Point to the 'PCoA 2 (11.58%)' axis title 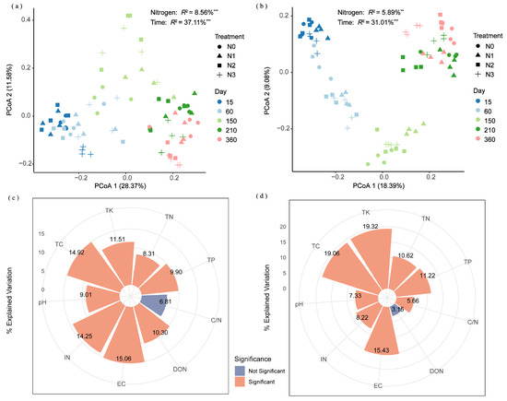tap(6, 89)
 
